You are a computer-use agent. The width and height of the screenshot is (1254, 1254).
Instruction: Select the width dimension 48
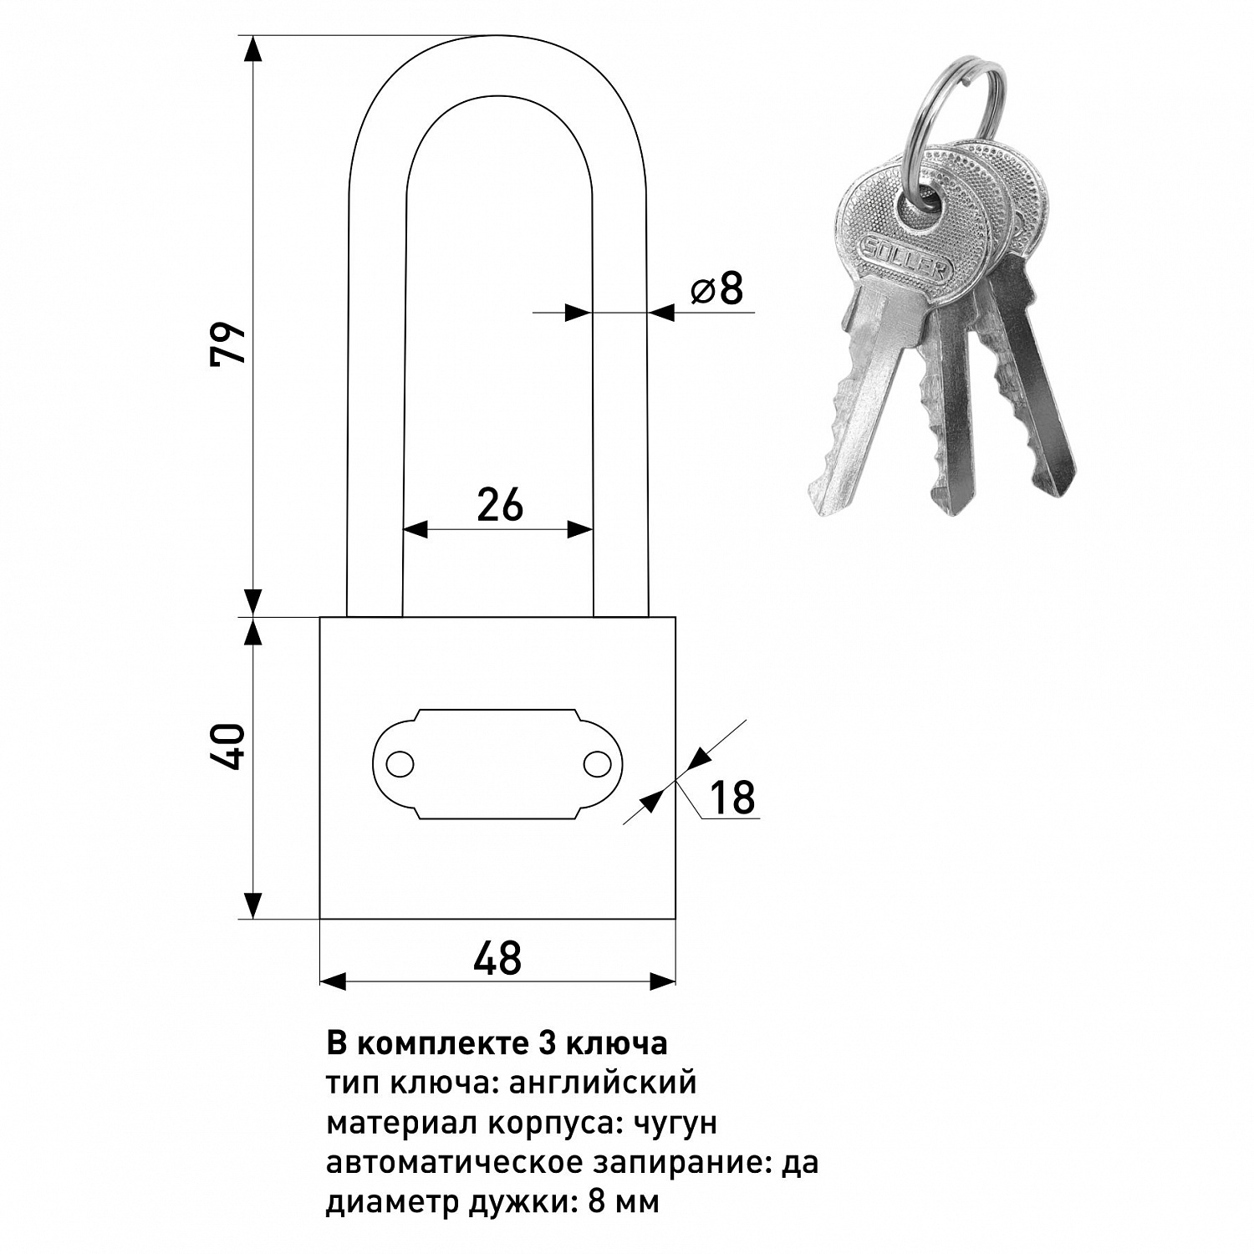point(497,958)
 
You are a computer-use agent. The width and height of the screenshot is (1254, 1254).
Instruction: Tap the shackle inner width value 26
point(500,505)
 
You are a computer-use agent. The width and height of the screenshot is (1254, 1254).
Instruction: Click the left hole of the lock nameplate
point(400,764)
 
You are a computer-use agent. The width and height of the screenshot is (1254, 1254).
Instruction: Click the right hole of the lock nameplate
point(597,764)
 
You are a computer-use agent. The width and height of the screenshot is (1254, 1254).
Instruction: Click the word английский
point(602,1083)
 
